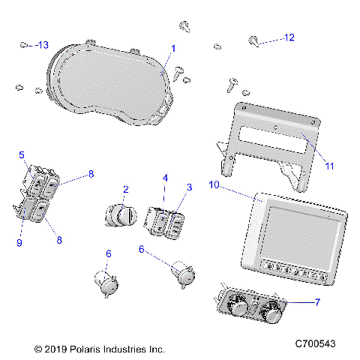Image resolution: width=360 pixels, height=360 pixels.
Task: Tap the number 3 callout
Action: [x=188, y=186]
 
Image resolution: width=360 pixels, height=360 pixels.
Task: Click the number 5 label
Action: [x=22, y=155]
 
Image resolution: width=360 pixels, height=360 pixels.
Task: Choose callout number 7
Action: [x=316, y=302]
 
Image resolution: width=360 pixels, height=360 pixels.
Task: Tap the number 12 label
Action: [x=289, y=37]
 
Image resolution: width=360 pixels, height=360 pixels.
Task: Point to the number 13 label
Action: [x=43, y=45]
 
